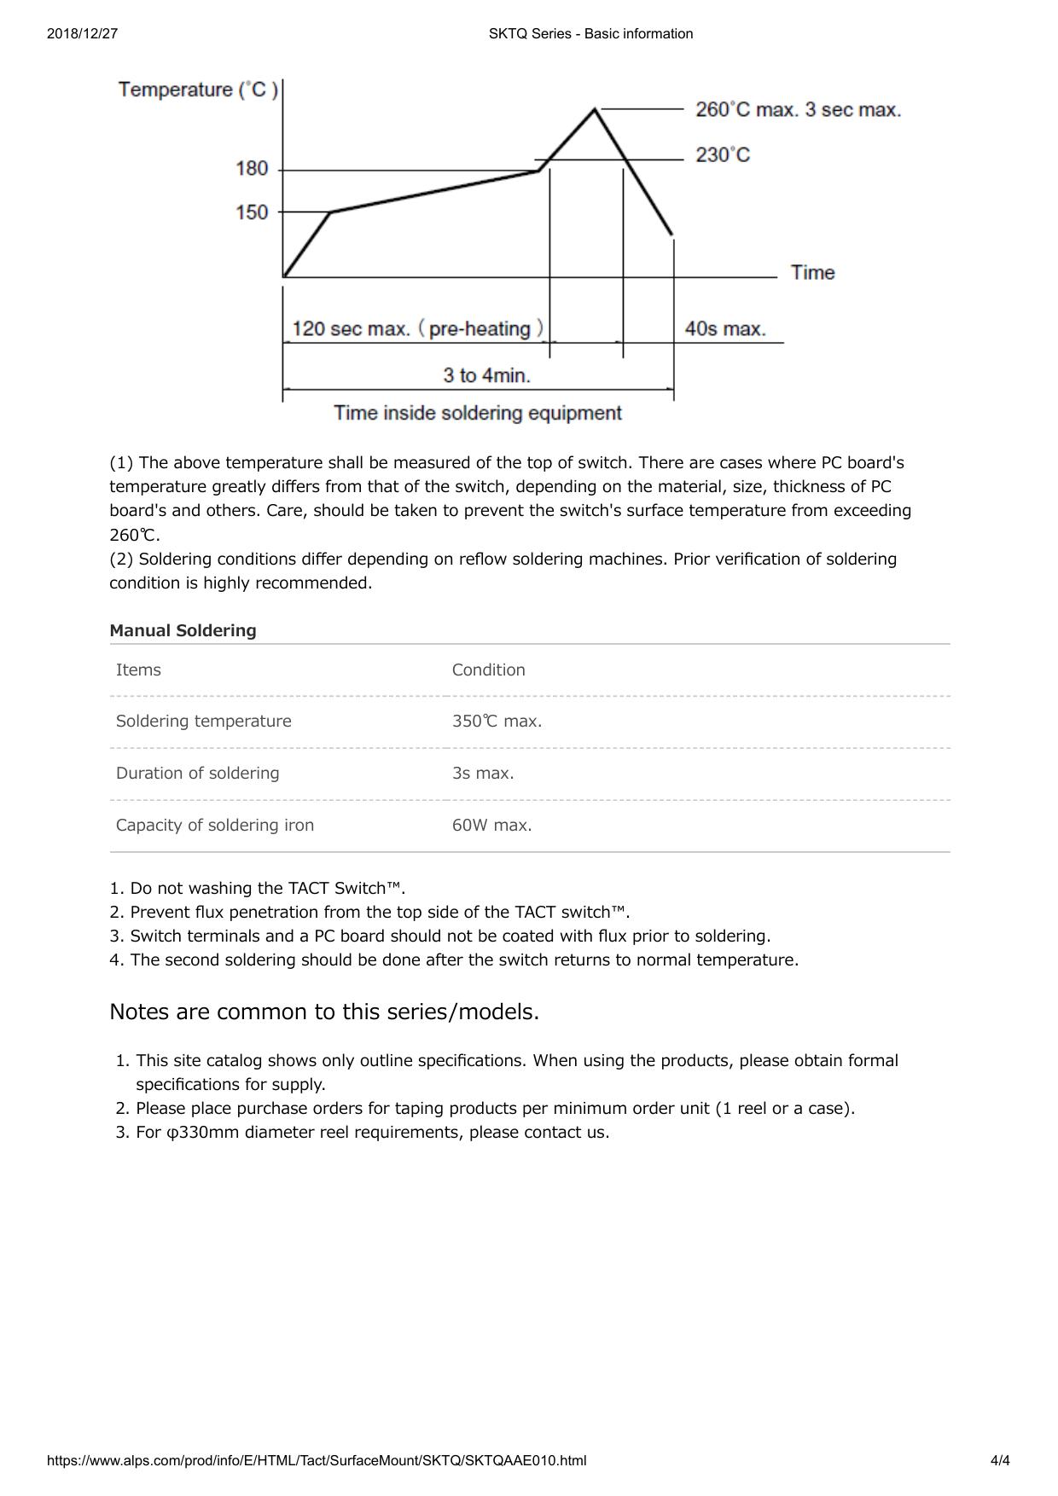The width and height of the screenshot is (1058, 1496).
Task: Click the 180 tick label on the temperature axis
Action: (x=252, y=169)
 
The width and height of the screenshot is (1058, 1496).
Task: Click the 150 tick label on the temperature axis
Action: (x=252, y=212)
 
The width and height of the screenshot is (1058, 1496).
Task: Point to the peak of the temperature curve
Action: (x=595, y=109)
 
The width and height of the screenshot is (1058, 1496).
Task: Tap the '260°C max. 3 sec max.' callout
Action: (x=798, y=110)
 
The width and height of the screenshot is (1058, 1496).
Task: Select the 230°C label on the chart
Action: (x=723, y=155)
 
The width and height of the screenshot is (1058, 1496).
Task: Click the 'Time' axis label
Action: (x=812, y=273)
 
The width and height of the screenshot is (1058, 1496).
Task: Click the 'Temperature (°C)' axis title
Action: (x=198, y=90)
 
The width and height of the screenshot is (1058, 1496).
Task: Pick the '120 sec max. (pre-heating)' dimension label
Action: (x=417, y=329)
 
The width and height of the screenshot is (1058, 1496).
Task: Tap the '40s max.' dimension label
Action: (x=725, y=329)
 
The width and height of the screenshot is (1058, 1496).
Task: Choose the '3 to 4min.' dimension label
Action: (x=486, y=375)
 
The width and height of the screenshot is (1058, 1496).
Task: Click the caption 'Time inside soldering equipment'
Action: (x=478, y=414)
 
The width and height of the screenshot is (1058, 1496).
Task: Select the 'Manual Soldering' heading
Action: (x=183, y=630)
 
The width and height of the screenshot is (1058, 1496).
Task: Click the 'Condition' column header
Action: (x=488, y=670)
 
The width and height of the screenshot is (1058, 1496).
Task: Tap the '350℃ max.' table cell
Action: (x=497, y=722)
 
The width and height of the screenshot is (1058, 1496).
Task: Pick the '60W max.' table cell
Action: (x=491, y=825)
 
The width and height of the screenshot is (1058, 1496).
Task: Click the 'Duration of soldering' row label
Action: (x=197, y=773)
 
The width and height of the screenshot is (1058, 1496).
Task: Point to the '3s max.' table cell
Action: (x=483, y=773)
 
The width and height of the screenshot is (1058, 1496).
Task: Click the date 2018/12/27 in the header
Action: (x=82, y=34)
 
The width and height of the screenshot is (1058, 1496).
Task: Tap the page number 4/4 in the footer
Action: (x=1000, y=1460)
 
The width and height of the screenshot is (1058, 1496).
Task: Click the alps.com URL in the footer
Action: (x=317, y=1460)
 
